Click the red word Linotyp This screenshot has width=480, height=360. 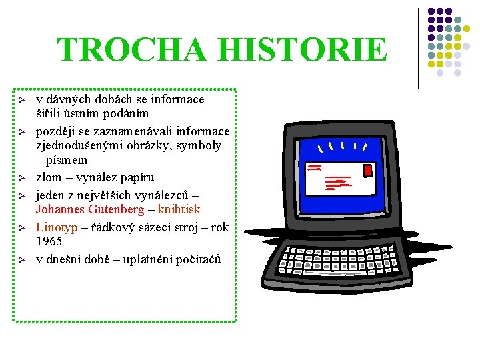click(55, 227)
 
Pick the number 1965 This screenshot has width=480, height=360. click(49, 241)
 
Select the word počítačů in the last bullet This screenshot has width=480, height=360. click(195, 259)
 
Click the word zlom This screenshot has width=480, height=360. click(48, 177)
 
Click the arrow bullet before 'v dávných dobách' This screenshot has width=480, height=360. click(21, 100)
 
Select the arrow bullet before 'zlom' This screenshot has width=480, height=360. click(21, 178)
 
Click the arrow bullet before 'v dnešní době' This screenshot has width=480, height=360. click(21, 260)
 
